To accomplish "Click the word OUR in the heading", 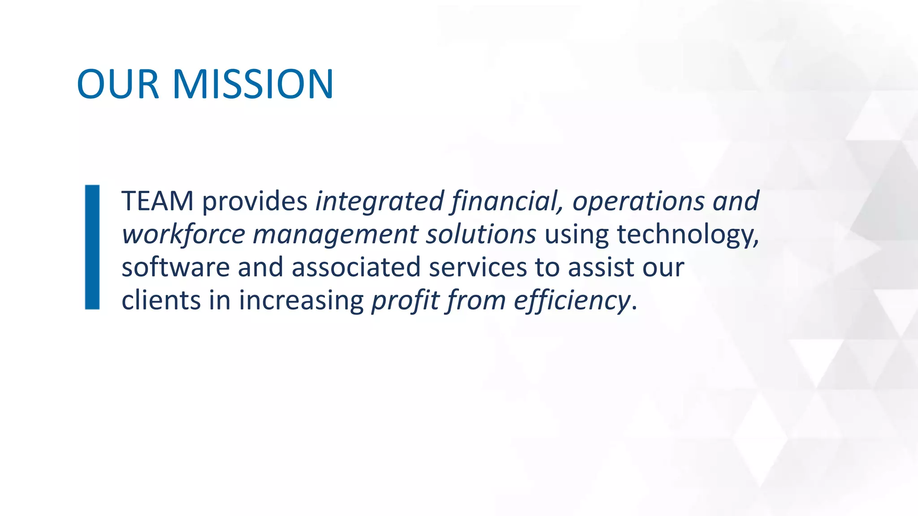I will [118, 84].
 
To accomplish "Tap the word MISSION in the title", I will [253, 84].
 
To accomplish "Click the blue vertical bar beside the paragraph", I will [92, 247].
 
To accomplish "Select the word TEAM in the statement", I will [157, 201].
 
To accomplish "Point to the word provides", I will [255, 202].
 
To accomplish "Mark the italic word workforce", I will [183, 234].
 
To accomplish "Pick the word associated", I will [356, 267].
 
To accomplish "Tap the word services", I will [477, 267].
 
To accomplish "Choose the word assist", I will [601, 267].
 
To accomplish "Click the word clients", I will [161, 300].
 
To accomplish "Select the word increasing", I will [301, 301].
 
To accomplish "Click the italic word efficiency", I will [572, 301].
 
